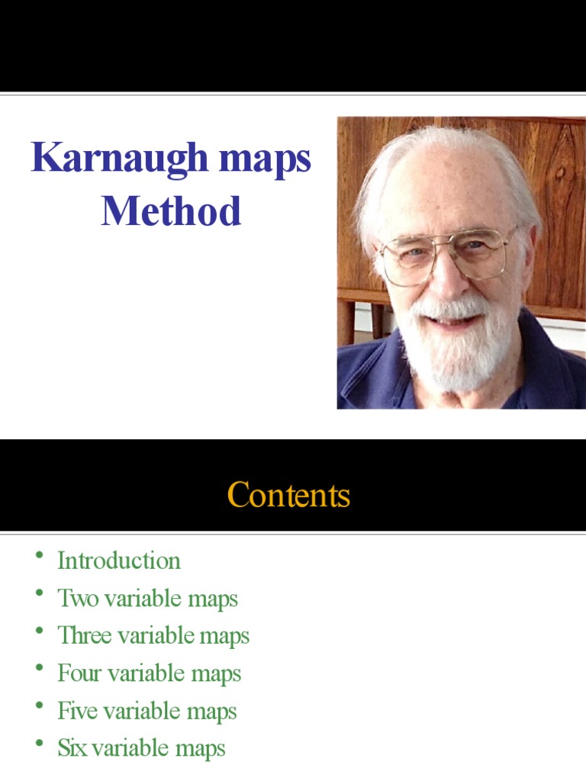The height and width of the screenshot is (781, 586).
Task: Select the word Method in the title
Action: [172, 211]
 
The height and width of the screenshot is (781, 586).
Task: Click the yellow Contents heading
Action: [288, 495]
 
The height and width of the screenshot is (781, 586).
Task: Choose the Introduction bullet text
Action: [119, 561]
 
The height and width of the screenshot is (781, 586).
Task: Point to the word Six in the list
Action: [72, 748]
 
